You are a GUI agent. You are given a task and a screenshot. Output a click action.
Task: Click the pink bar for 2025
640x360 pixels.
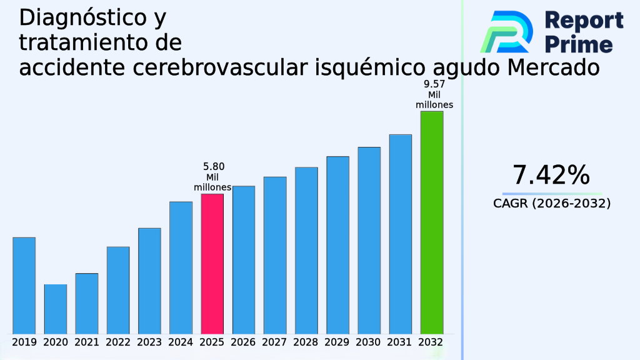pyautogui.click(x=212, y=263)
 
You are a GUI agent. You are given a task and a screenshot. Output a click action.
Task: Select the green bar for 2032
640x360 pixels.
pyautogui.click(x=431, y=222)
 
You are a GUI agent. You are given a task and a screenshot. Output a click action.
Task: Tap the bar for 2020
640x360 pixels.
pyautogui.click(x=55, y=309)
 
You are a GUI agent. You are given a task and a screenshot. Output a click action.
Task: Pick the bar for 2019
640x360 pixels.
pyautogui.click(x=24, y=285)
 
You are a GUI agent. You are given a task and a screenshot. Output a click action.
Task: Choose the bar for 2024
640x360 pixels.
pyautogui.click(x=181, y=267)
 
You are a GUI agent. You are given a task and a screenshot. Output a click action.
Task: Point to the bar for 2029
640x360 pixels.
pyautogui.click(x=337, y=244)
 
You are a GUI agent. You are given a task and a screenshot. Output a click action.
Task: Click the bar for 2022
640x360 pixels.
pyautogui.click(x=118, y=289)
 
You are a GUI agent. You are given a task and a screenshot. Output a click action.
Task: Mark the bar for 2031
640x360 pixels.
pyautogui.click(x=400, y=234)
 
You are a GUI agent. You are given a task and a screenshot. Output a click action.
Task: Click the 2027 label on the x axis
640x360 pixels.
pyautogui.click(x=275, y=342)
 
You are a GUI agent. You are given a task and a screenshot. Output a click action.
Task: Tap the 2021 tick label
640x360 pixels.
pyautogui.click(x=87, y=342)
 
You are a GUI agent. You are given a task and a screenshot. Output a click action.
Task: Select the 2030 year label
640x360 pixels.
pyautogui.click(x=369, y=342)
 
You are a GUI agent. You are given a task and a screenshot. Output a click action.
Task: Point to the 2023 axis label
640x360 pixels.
pyautogui.click(x=149, y=342)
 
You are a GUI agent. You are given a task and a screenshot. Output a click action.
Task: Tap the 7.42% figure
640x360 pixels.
pyautogui.click(x=551, y=176)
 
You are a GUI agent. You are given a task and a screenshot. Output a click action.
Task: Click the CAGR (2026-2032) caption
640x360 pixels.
pyautogui.click(x=551, y=203)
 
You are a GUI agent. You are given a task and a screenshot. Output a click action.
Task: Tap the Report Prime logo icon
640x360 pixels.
pyautogui.click(x=506, y=31)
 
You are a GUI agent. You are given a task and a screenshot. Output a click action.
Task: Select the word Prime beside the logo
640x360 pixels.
pyautogui.click(x=579, y=44)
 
